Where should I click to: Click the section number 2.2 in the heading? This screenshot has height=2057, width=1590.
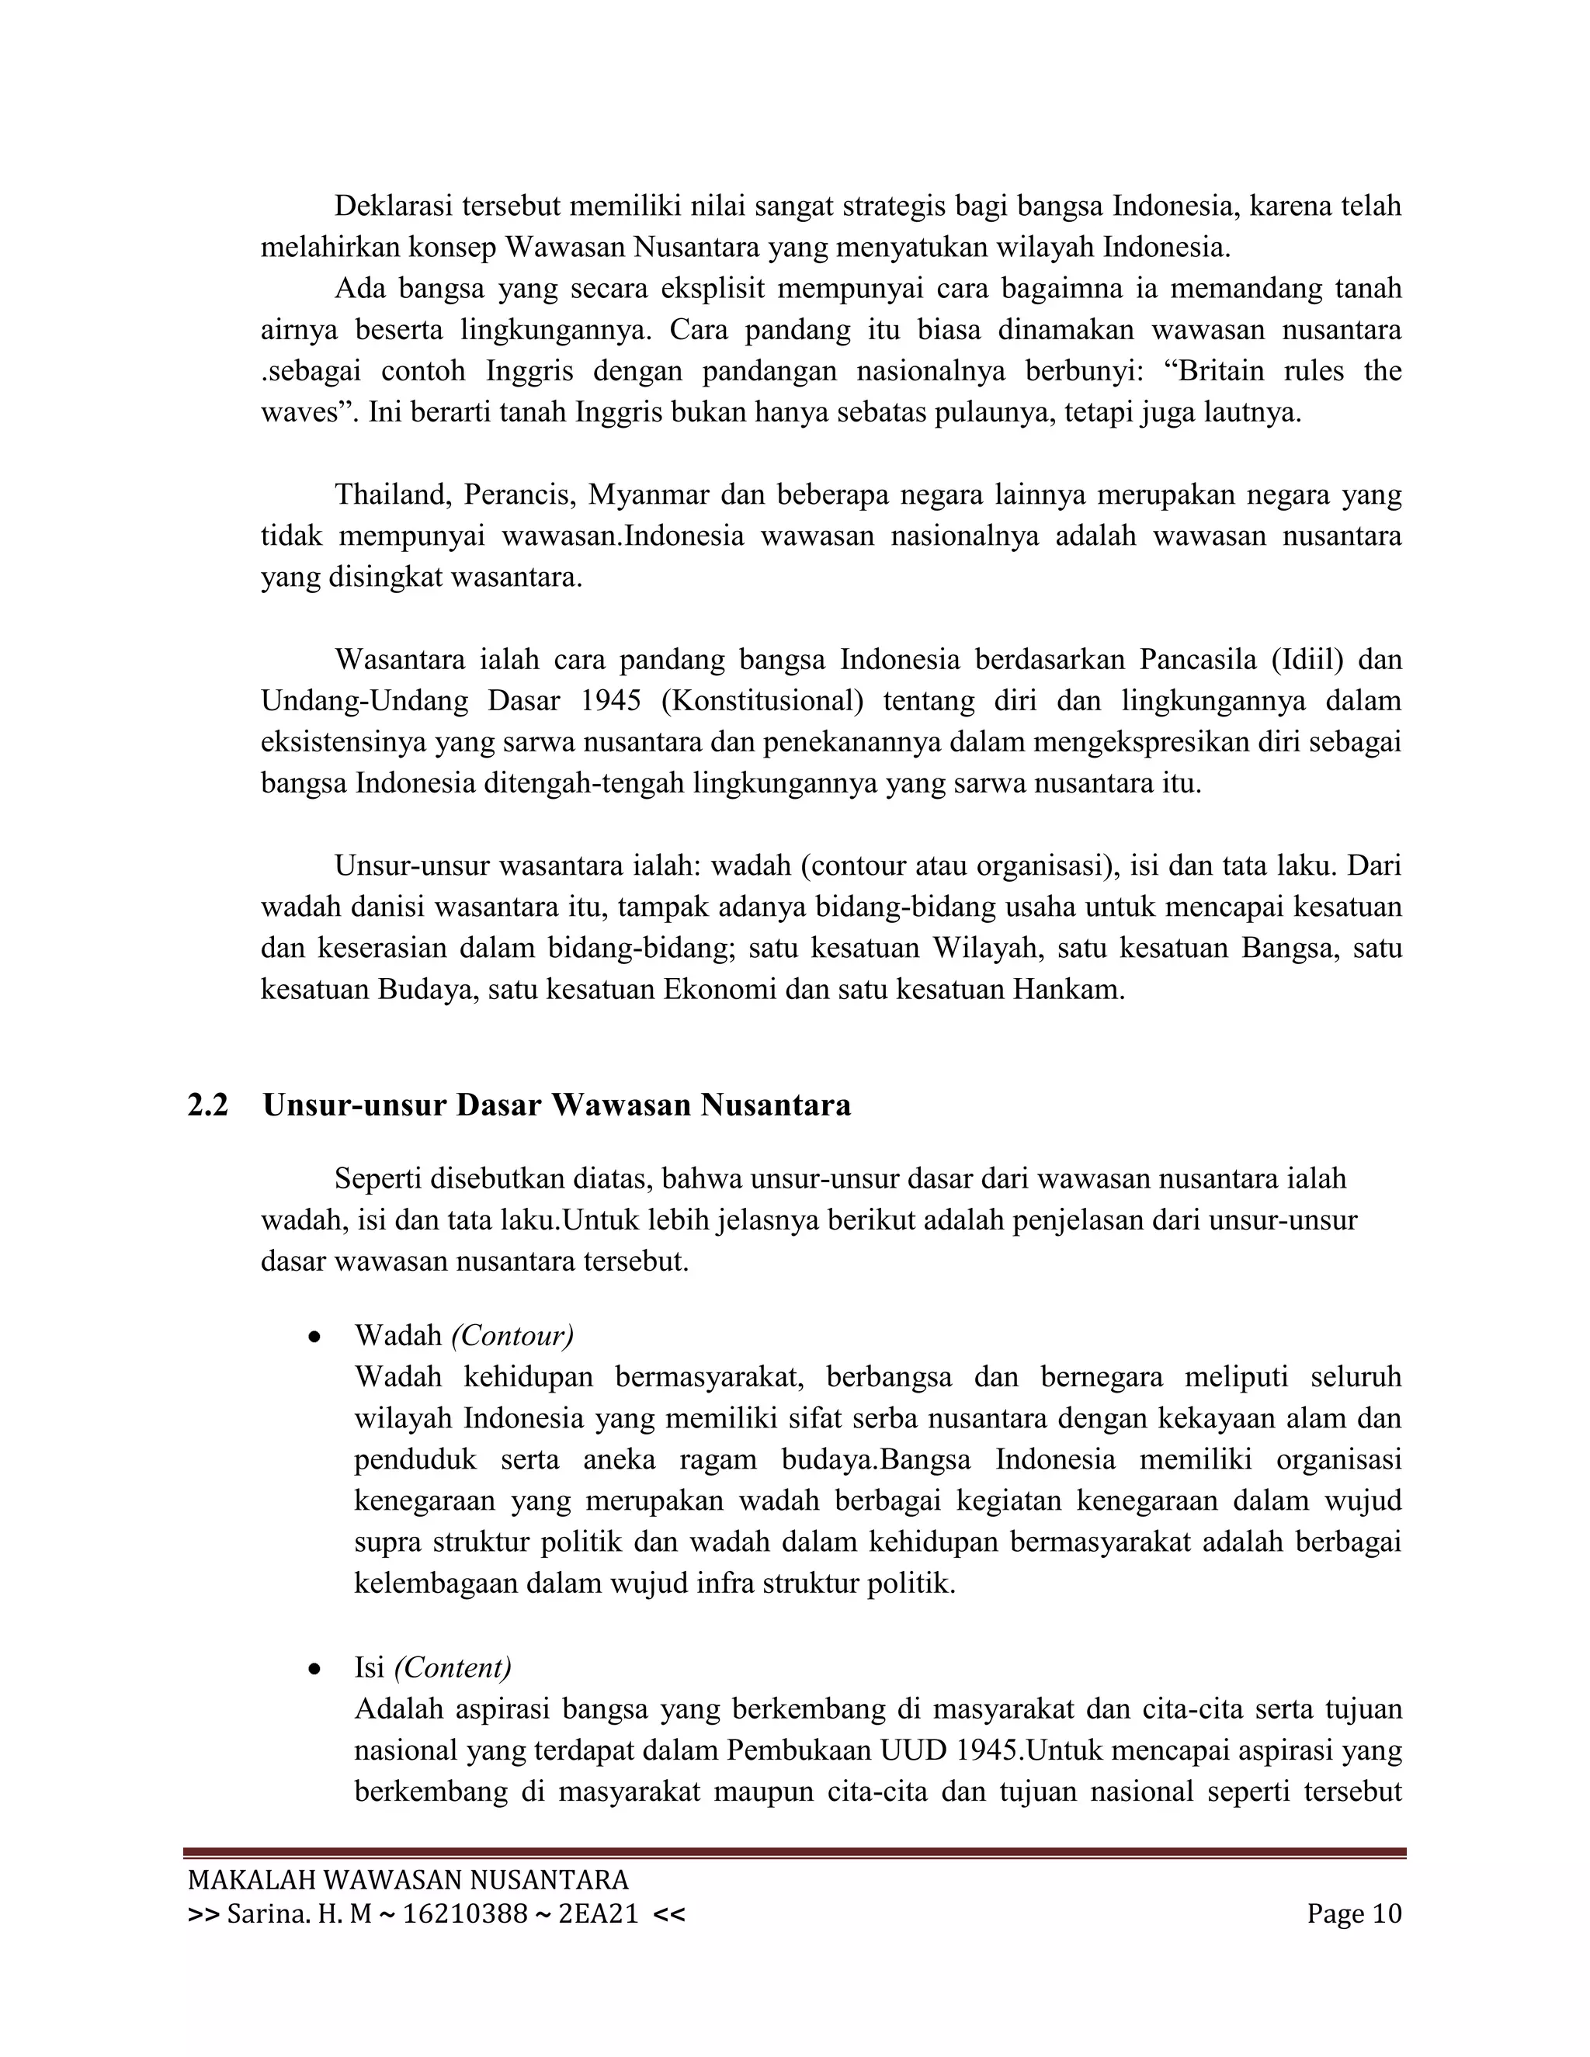tap(207, 1105)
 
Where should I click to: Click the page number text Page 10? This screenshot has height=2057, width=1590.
tap(1353, 1914)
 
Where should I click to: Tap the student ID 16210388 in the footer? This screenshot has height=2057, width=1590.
tap(465, 1914)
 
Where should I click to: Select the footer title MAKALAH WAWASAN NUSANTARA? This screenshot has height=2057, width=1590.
tap(408, 1880)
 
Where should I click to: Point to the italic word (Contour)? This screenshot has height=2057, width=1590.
tap(512, 1336)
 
